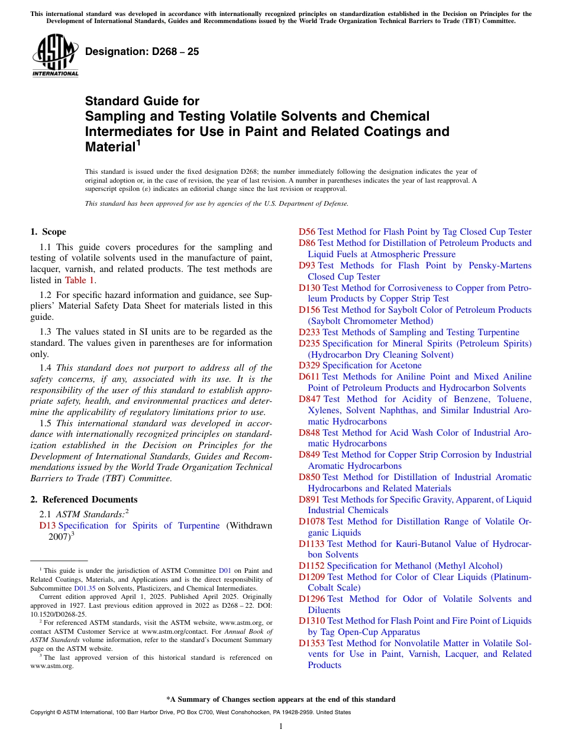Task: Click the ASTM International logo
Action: (55, 56)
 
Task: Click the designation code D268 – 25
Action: (142, 51)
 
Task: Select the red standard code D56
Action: (307, 232)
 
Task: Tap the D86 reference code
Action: (307, 243)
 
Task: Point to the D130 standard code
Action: (309, 287)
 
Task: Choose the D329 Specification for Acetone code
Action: (309, 365)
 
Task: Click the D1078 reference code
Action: (312, 521)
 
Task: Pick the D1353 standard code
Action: (312, 643)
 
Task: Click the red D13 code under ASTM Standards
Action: (48, 526)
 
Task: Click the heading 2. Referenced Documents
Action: (84, 500)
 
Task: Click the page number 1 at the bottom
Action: (281, 726)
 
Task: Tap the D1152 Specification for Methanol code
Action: (312, 566)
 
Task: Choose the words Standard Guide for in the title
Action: (143, 101)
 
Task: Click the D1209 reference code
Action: (312, 577)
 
